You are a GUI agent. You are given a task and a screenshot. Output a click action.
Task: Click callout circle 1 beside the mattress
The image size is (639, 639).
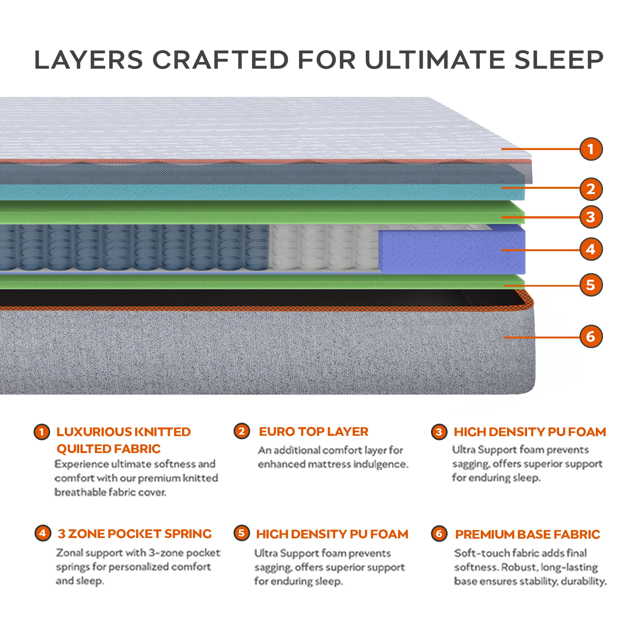pyautogui.click(x=591, y=149)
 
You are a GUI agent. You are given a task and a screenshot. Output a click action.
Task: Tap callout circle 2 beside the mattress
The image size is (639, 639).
pyautogui.click(x=591, y=189)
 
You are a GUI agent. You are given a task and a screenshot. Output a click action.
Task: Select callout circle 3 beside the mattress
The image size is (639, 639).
pyautogui.click(x=591, y=217)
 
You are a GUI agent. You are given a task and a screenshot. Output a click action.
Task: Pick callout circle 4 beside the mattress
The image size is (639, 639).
pyautogui.click(x=591, y=249)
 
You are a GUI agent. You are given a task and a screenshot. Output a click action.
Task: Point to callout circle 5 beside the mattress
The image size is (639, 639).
pyautogui.click(x=591, y=285)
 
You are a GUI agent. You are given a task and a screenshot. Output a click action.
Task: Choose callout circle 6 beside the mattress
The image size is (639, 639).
pyautogui.click(x=591, y=337)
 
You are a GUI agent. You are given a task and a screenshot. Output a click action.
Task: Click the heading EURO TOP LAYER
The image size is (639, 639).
pyautogui.click(x=313, y=432)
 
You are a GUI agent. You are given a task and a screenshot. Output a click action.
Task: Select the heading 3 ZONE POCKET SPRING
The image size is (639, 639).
pyautogui.click(x=135, y=534)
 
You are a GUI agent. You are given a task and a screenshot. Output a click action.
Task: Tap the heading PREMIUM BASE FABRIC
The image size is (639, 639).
pyautogui.click(x=527, y=535)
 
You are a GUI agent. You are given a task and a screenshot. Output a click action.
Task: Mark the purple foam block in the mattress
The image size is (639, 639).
pyautogui.click(x=451, y=250)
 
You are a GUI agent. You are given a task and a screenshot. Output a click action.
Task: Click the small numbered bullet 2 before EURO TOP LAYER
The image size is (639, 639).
pyautogui.click(x=242, y=431)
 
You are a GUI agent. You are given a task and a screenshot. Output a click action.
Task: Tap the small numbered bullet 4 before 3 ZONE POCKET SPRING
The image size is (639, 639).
pyautogui.click(x=43, y=533)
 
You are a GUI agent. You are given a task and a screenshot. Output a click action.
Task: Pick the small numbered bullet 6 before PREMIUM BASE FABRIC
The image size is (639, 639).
pyautogui.click(x=439, y=534)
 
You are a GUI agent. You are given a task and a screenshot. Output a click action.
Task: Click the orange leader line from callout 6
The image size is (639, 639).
pyautogui.click(x=543, y=337)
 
